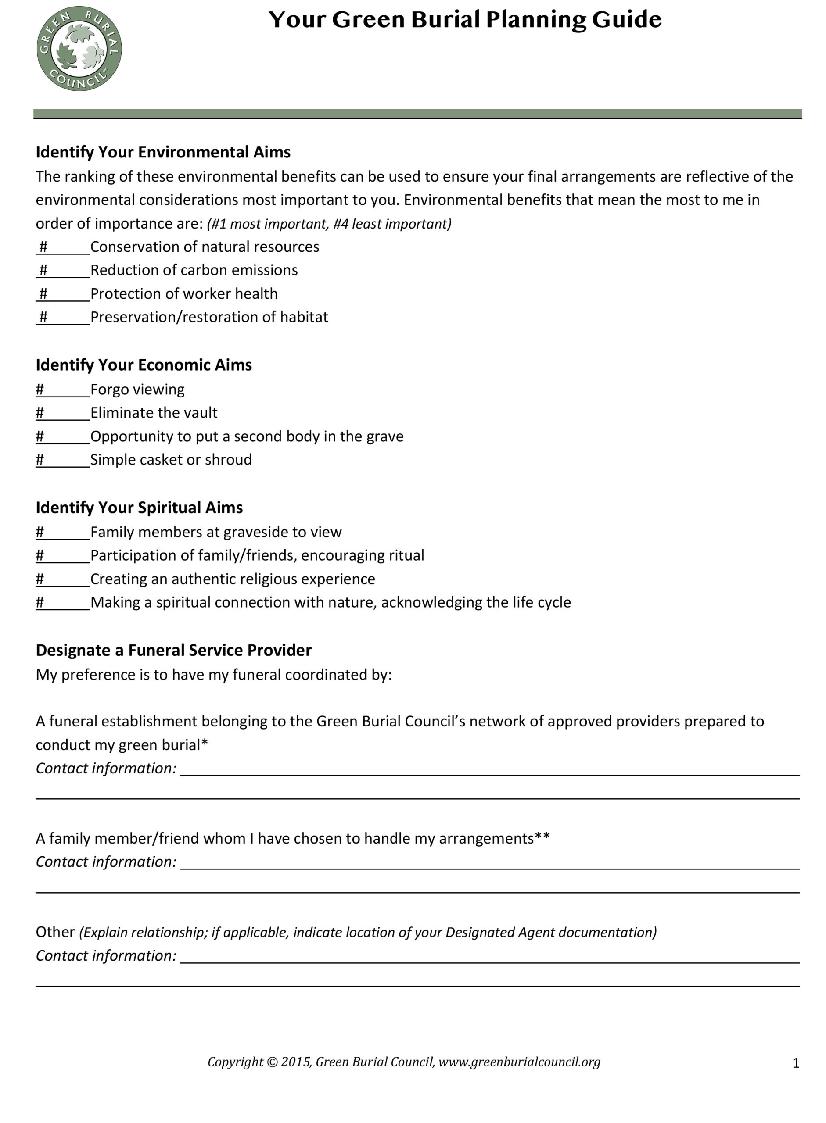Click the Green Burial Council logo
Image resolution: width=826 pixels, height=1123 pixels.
[x=79, y=49]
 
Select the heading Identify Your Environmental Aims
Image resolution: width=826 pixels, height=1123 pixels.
[x=163, y=152]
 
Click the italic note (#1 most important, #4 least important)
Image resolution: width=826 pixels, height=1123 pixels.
[x=329, y=224]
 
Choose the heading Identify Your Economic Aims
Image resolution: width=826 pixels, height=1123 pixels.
[x=144, y=365]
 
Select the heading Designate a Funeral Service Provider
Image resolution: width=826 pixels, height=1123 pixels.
[x=173, y=650]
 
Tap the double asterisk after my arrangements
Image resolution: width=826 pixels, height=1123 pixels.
[x=542, y=837]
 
